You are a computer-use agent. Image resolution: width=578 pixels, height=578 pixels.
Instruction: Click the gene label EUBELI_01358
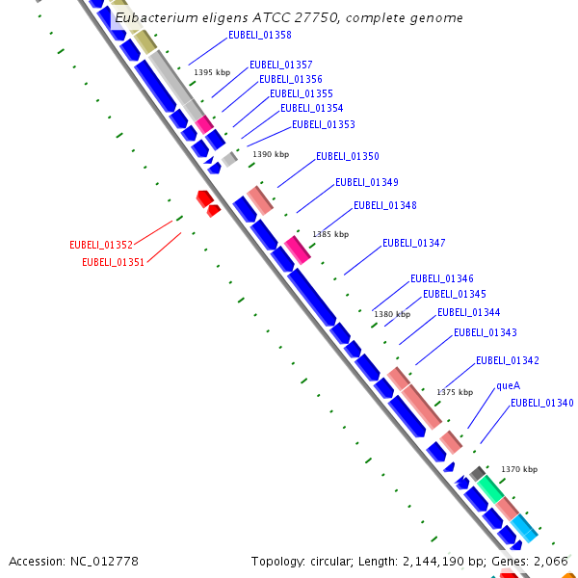click(x=260, y=35)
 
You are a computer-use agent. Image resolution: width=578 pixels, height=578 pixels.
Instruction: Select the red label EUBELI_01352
click(x=101, y=245)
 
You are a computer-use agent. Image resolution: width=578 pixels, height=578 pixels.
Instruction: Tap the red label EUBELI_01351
click(x=114, y=261)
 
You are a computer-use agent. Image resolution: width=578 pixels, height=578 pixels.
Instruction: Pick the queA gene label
click(x=508, y=385)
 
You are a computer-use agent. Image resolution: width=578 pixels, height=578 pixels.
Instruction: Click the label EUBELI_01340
click(x=542, y=403)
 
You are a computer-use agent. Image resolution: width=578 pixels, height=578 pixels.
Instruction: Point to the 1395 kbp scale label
click(x=212, y=72)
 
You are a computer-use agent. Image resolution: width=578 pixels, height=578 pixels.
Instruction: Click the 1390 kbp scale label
click(x=271, y=154)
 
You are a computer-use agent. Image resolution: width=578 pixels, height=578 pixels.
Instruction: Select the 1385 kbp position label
click(x=330, y=234)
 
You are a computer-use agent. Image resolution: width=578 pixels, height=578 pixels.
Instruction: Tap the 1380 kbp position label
click(x=392, y=314)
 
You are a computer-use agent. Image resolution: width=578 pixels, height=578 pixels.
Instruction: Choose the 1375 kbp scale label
click(x=455, y=392)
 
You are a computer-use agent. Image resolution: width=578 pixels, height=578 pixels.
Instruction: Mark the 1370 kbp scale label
click(x=519, y=469)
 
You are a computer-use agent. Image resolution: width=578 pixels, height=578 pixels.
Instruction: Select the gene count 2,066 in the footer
click(x=552, y=561)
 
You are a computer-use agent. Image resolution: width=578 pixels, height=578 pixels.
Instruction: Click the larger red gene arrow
click(x=204, y=198)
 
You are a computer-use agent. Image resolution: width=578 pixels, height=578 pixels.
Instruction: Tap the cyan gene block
click(x=524, y=527)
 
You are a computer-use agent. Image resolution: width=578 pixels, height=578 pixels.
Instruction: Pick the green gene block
click(x=490, y=487)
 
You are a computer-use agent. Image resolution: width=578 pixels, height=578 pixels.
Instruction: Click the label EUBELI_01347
click(x=414, y=243)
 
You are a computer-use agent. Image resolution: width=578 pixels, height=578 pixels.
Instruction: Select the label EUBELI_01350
click(x=348, y=156)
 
